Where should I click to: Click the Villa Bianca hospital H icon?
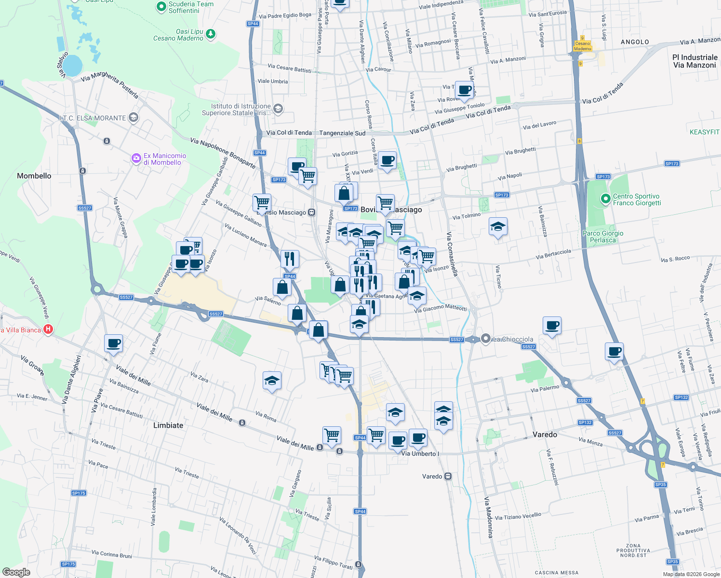pos(48,330)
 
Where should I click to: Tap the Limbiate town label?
pos(168,425)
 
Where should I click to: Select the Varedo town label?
pos(545,434)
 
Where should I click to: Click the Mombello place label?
pos(34,176)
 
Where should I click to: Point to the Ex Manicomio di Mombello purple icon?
pos(136,158)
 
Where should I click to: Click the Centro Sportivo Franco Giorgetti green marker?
pos(605,198)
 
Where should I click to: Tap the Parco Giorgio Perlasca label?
pos(603,236)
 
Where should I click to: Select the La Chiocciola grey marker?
pos(486,339)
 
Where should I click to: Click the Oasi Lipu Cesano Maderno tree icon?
pos(210,34)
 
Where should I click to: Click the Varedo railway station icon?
pos(448,476)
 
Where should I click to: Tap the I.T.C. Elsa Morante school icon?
pos(134,118)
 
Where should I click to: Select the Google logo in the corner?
pos(16,572)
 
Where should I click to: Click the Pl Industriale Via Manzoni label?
pos(694,61)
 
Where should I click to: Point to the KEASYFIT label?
pos(704,132)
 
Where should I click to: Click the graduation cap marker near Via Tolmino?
pos(498,226)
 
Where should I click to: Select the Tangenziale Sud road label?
pos(342,133)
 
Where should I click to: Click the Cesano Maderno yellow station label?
pos(582,46)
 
